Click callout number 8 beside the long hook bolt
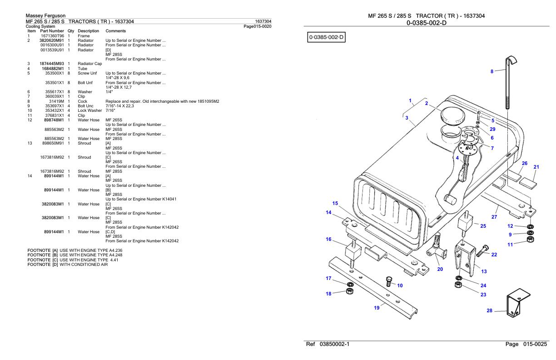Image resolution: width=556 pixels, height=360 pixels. click(x=491, y=71)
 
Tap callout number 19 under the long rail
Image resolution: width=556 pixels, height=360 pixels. click(x=377, y=308)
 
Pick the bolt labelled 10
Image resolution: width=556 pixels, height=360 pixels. click(x=389, y=281)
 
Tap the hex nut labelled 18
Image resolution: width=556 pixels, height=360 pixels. click(x=349, y=291)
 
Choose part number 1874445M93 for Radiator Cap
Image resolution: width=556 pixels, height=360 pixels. click(x=53, y=64)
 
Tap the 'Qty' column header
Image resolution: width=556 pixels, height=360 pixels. click(x=70, y=31)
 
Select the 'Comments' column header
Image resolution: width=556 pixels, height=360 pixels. click(x=115, y=31)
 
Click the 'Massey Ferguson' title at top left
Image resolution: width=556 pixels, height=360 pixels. click(x=45, y=16)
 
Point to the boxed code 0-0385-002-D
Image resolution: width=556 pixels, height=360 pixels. click(x=327, y=36)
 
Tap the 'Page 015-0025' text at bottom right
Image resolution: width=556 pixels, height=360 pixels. click(x=526, y=345)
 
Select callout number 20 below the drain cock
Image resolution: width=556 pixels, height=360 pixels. click(x=440, y=269)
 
